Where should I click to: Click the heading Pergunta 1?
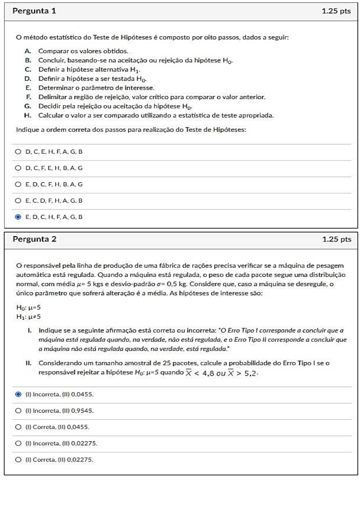(x=34, y=11)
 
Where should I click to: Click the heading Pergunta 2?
(x=34, y=239)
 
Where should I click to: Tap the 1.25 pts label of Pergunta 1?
(x=336, y=11)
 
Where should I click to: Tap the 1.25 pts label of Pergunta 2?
(x=336, y=239)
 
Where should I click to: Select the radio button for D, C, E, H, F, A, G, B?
(x=18, y=152)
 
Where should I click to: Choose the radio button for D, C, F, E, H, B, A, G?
(x=18, y=168)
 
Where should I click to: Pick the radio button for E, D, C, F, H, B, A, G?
(x=18, y=184)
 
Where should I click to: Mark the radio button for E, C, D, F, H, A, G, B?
(x=18, y=201)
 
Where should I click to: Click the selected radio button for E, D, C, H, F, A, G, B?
(x=18, y=217)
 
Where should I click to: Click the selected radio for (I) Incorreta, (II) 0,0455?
(x=18, y=394)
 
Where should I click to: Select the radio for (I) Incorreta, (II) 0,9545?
(x=18, y=410)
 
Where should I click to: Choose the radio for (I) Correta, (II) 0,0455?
(x=18, y=427)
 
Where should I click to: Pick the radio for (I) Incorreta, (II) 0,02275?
(x=18, y=443)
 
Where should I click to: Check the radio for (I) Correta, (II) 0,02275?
(x=18, y=460)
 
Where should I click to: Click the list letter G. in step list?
(x=28, y=106)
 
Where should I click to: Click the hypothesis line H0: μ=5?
(x=28, y=308)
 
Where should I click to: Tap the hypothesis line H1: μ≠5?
(x=28, y=317)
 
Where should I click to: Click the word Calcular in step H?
(x=49, y=115)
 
